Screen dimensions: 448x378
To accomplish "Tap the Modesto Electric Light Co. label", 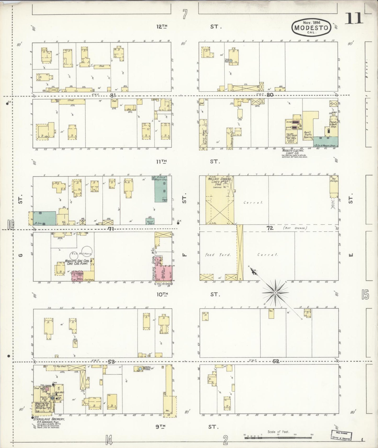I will [x=293, y=152].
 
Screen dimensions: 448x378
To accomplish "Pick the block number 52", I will [x=276, y=361].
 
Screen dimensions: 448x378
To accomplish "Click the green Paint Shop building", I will [x=150, y=221].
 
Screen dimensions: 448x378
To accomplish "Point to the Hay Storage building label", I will [x=334, y=180].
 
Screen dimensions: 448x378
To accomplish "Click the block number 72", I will [x=270, y=228].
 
